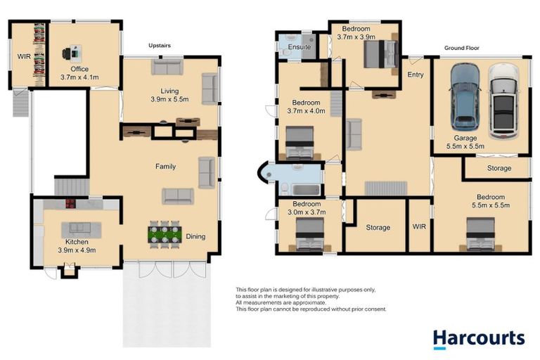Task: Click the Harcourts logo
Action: tap(478, 338)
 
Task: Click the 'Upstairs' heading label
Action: tap(160, 46)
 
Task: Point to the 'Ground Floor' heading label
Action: tap(461, 49)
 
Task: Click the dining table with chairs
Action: tap(165, 234)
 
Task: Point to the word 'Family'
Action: tap(166, 167)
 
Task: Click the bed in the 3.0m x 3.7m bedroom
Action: tap(309, 234)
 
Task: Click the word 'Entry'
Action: tap(416, 75)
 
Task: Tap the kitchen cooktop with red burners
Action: tap(71, 205)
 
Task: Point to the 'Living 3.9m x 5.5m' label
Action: tap(169, 96)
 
